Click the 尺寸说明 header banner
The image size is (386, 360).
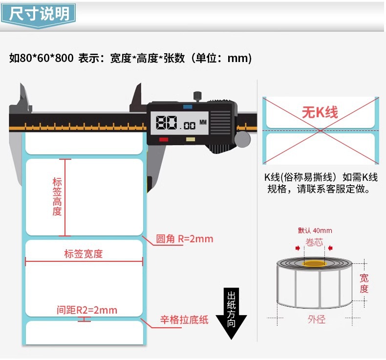point(39,14)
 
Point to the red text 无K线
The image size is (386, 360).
point(320,113)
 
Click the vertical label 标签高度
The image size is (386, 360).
point(57,196)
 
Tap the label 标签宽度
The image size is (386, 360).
point(84,254)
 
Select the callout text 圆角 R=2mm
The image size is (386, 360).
point(185,239)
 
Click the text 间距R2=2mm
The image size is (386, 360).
point(87,310)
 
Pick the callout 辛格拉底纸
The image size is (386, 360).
point(184,320)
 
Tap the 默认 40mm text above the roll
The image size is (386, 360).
point(315,231)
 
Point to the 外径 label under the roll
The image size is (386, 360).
point(316,319)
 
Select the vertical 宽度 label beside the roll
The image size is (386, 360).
point(364,283)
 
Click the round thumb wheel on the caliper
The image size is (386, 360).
point(242,140)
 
